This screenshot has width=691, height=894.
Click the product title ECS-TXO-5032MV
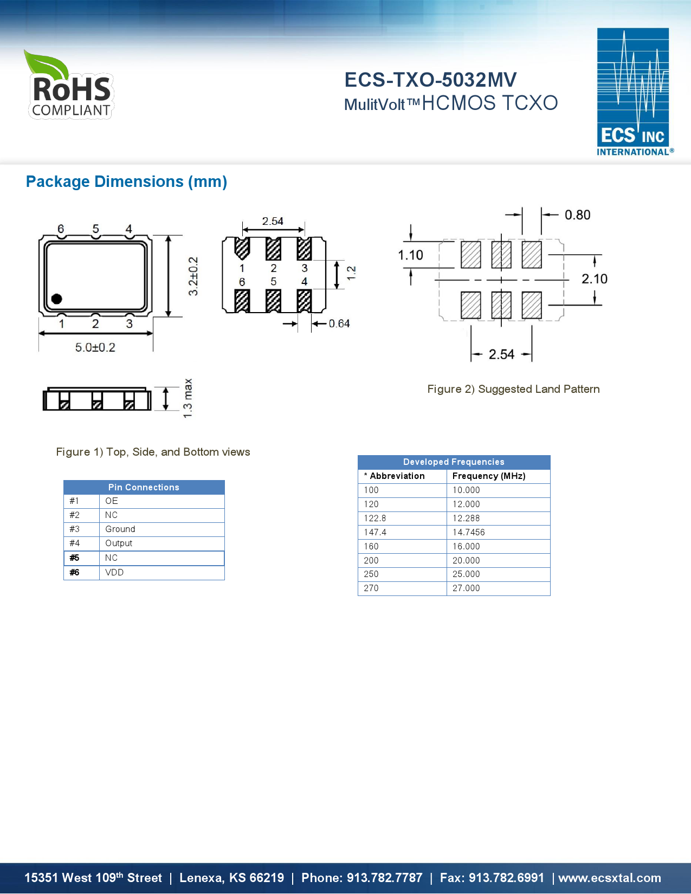(x=430, y=80)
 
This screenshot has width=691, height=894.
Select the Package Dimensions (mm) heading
(x=126, y=182)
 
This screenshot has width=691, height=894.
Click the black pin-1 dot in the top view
(x=56, y=299)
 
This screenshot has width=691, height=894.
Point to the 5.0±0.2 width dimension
(x=95, y=347)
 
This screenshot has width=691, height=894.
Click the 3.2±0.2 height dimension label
(x=193, y=276)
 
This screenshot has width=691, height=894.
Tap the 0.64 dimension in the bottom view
(x=339, y=323)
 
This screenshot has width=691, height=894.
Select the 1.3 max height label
(x=188, y=398)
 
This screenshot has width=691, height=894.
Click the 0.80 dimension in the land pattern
(x=577, y=215)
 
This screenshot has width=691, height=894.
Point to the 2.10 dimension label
(x=594, y=279)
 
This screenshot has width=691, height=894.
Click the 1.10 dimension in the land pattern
(x=410, y=255)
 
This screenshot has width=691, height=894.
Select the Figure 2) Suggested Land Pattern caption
(x=513, y=389)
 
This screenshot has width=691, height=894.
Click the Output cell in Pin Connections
(x=119, y=543)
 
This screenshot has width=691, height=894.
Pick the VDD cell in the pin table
(x=114, y=573)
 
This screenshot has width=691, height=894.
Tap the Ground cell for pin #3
(x=120, y=529)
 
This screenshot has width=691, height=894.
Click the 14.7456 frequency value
(x=469, y=533)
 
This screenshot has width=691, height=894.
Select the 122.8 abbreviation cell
(x=375, y=519)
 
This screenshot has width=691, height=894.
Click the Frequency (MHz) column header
(x=489, y=476)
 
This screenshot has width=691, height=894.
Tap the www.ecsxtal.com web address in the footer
(x=610, y=878)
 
